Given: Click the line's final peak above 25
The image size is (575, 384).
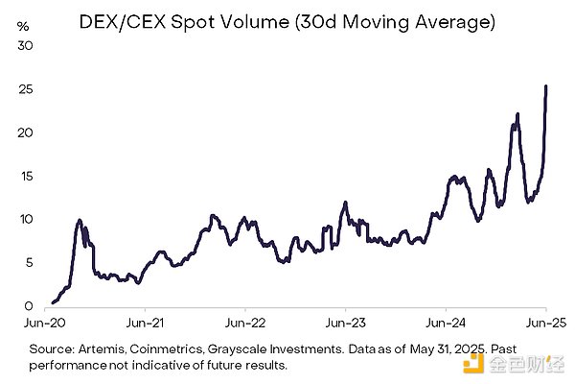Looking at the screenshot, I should click(x=546, y=86).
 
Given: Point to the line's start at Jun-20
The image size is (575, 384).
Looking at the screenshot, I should click(x=52, y=302).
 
